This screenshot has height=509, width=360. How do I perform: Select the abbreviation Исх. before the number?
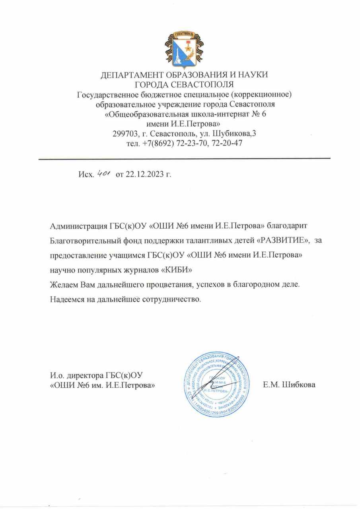coord(85,175)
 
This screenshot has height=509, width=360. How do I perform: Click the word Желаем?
coord(64,285)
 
